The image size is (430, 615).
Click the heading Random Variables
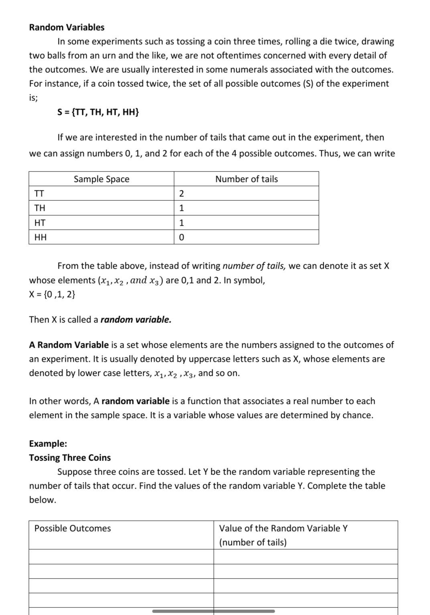[x=67, y=27]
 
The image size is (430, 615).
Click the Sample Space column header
[x=101, y=179]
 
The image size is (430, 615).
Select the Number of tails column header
[x=246, y=179]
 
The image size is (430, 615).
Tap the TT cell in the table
[x=39, y=193]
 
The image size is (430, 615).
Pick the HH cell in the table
[x=41, y=237]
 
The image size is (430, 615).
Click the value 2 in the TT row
[x=181, y=193]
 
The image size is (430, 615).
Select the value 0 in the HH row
[x=181, y=237]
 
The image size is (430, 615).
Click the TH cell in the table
[x=40, y=208]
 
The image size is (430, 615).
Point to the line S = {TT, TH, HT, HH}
[x=98, y=112]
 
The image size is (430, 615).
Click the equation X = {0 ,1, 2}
[x=52, y=294]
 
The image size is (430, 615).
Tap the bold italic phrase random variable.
[x=136, y=320]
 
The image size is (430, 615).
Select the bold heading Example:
[x=48, y=444]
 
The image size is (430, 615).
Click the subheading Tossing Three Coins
[x=70, y=458]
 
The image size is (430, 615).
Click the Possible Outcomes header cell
[x=73, y=528]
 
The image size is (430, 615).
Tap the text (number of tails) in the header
[x=253, y=542]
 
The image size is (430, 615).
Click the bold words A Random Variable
[x=69, y=345]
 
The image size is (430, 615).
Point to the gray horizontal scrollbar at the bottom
[x=213, y=611]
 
